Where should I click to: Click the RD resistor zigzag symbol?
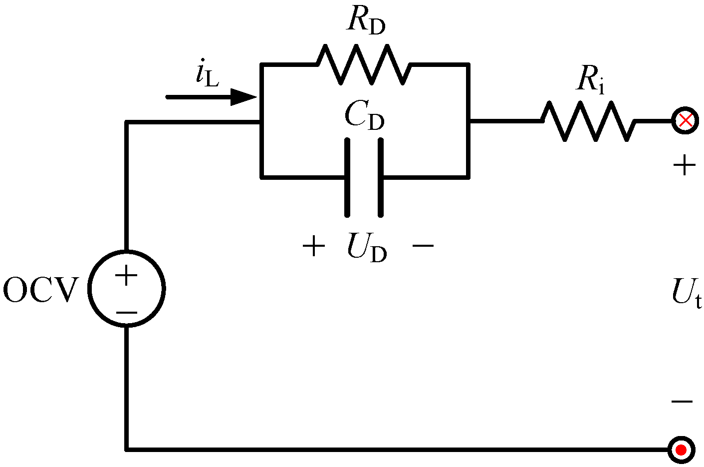click(364, 64)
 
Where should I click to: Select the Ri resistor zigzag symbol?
click(589, 121)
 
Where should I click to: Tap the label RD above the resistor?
click(366, 21)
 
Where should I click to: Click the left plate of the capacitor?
click(347, 178)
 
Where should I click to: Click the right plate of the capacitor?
click(381, 178)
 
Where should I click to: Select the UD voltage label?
click(366, 248)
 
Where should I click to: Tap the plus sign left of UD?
click(314, 246)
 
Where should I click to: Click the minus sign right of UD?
click(423, 246)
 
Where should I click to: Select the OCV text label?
click(41, 291)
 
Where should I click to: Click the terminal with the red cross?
click(685, 120)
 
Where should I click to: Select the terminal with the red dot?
click(681, 450)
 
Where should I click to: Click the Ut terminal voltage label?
click(686, 293)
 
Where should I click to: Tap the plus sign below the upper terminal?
click(684, 165)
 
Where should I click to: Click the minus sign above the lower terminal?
click(682, 402)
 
